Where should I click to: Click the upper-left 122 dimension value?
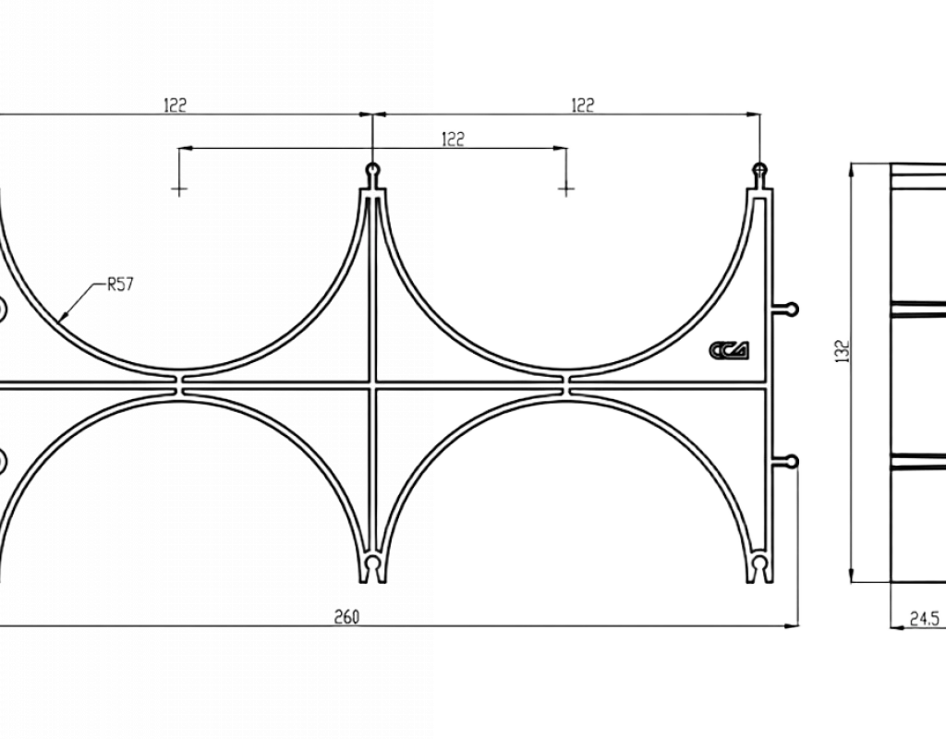click(176, 105)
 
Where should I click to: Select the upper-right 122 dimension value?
click(582, 105)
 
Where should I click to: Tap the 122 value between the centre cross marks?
click(453, 139)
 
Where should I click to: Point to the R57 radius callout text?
click(120, 285)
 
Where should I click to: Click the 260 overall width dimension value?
click(346, 616)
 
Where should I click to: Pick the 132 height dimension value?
click(843, 352)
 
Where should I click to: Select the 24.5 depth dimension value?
click(924, 619)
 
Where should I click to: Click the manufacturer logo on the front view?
click(730, 350)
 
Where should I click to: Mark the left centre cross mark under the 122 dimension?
click(179, 189)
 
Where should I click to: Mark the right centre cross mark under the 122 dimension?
click(566, 189)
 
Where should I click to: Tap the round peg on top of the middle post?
click(373, 168)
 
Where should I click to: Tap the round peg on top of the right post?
click(760, 168)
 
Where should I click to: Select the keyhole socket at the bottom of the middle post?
click(373, 566)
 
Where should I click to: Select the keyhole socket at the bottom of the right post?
click(760, 566)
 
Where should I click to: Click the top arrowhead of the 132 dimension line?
click(851, 170)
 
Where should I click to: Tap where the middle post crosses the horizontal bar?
click(373, 385)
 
